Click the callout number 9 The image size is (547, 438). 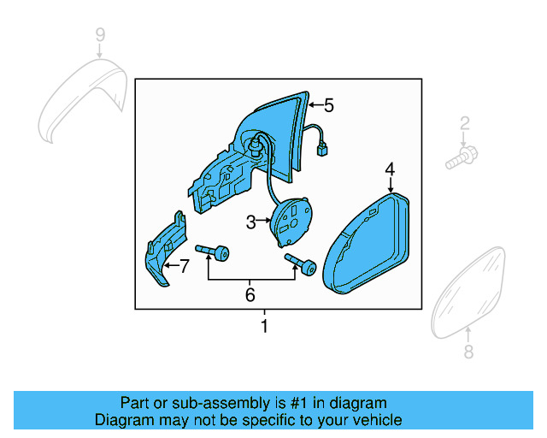[x=100, y=35]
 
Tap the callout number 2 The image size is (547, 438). [x=465, y=124]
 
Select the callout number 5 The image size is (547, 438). [x=328, y=105]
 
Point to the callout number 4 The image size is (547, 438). [x=390, y=169]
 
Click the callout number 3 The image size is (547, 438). [x=250, y=222]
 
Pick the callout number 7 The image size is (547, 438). [x=184, y=266]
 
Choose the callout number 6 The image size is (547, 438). [x=250, y=295]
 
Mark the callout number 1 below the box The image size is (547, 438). [x=264, y=326]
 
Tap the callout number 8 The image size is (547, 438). [x=468, y=352]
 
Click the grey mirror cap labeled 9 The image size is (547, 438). [x=82, y=98]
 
